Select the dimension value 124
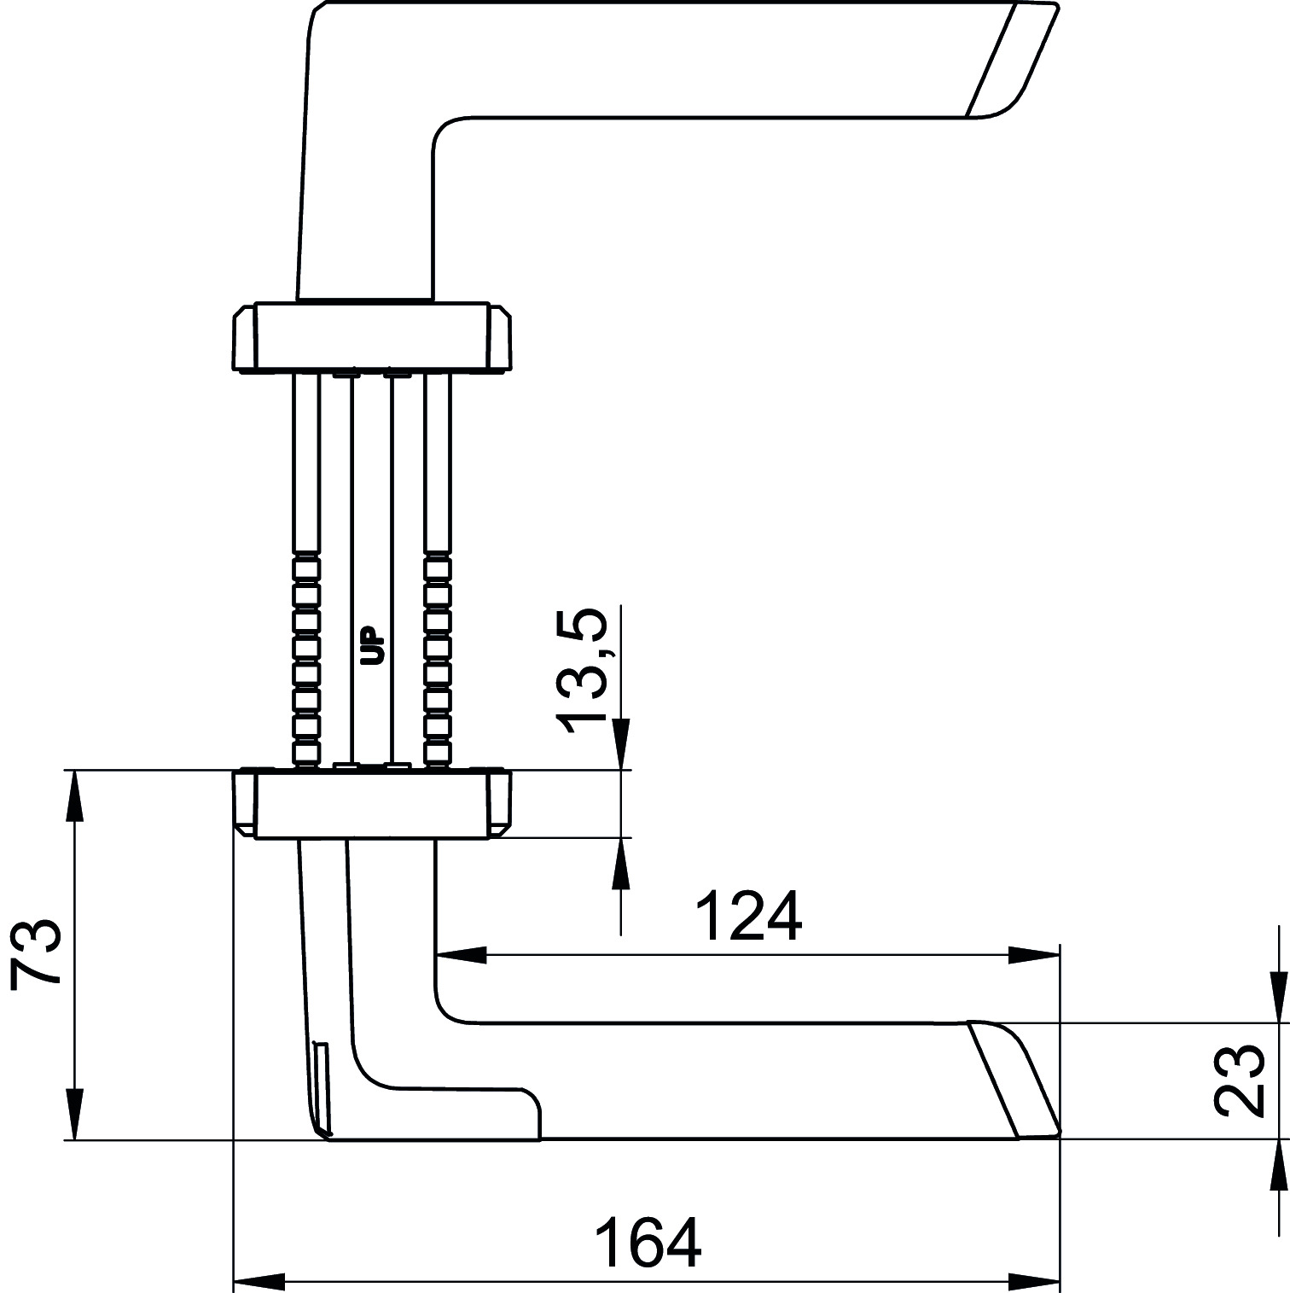749,917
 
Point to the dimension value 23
1239,1080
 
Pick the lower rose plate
372,804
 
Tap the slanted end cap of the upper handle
1012,60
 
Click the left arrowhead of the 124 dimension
461,955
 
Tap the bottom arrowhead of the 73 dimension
75,1115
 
